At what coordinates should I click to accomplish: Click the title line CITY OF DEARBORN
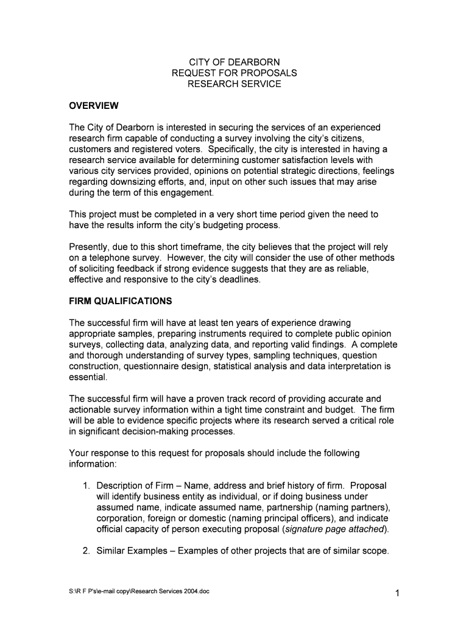[234, 62]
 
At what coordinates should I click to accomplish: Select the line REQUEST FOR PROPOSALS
[234, 73]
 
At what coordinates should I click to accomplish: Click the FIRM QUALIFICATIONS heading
[121, 301]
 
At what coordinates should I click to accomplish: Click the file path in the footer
[139, 591]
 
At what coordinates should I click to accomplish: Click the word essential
[89, 377]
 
